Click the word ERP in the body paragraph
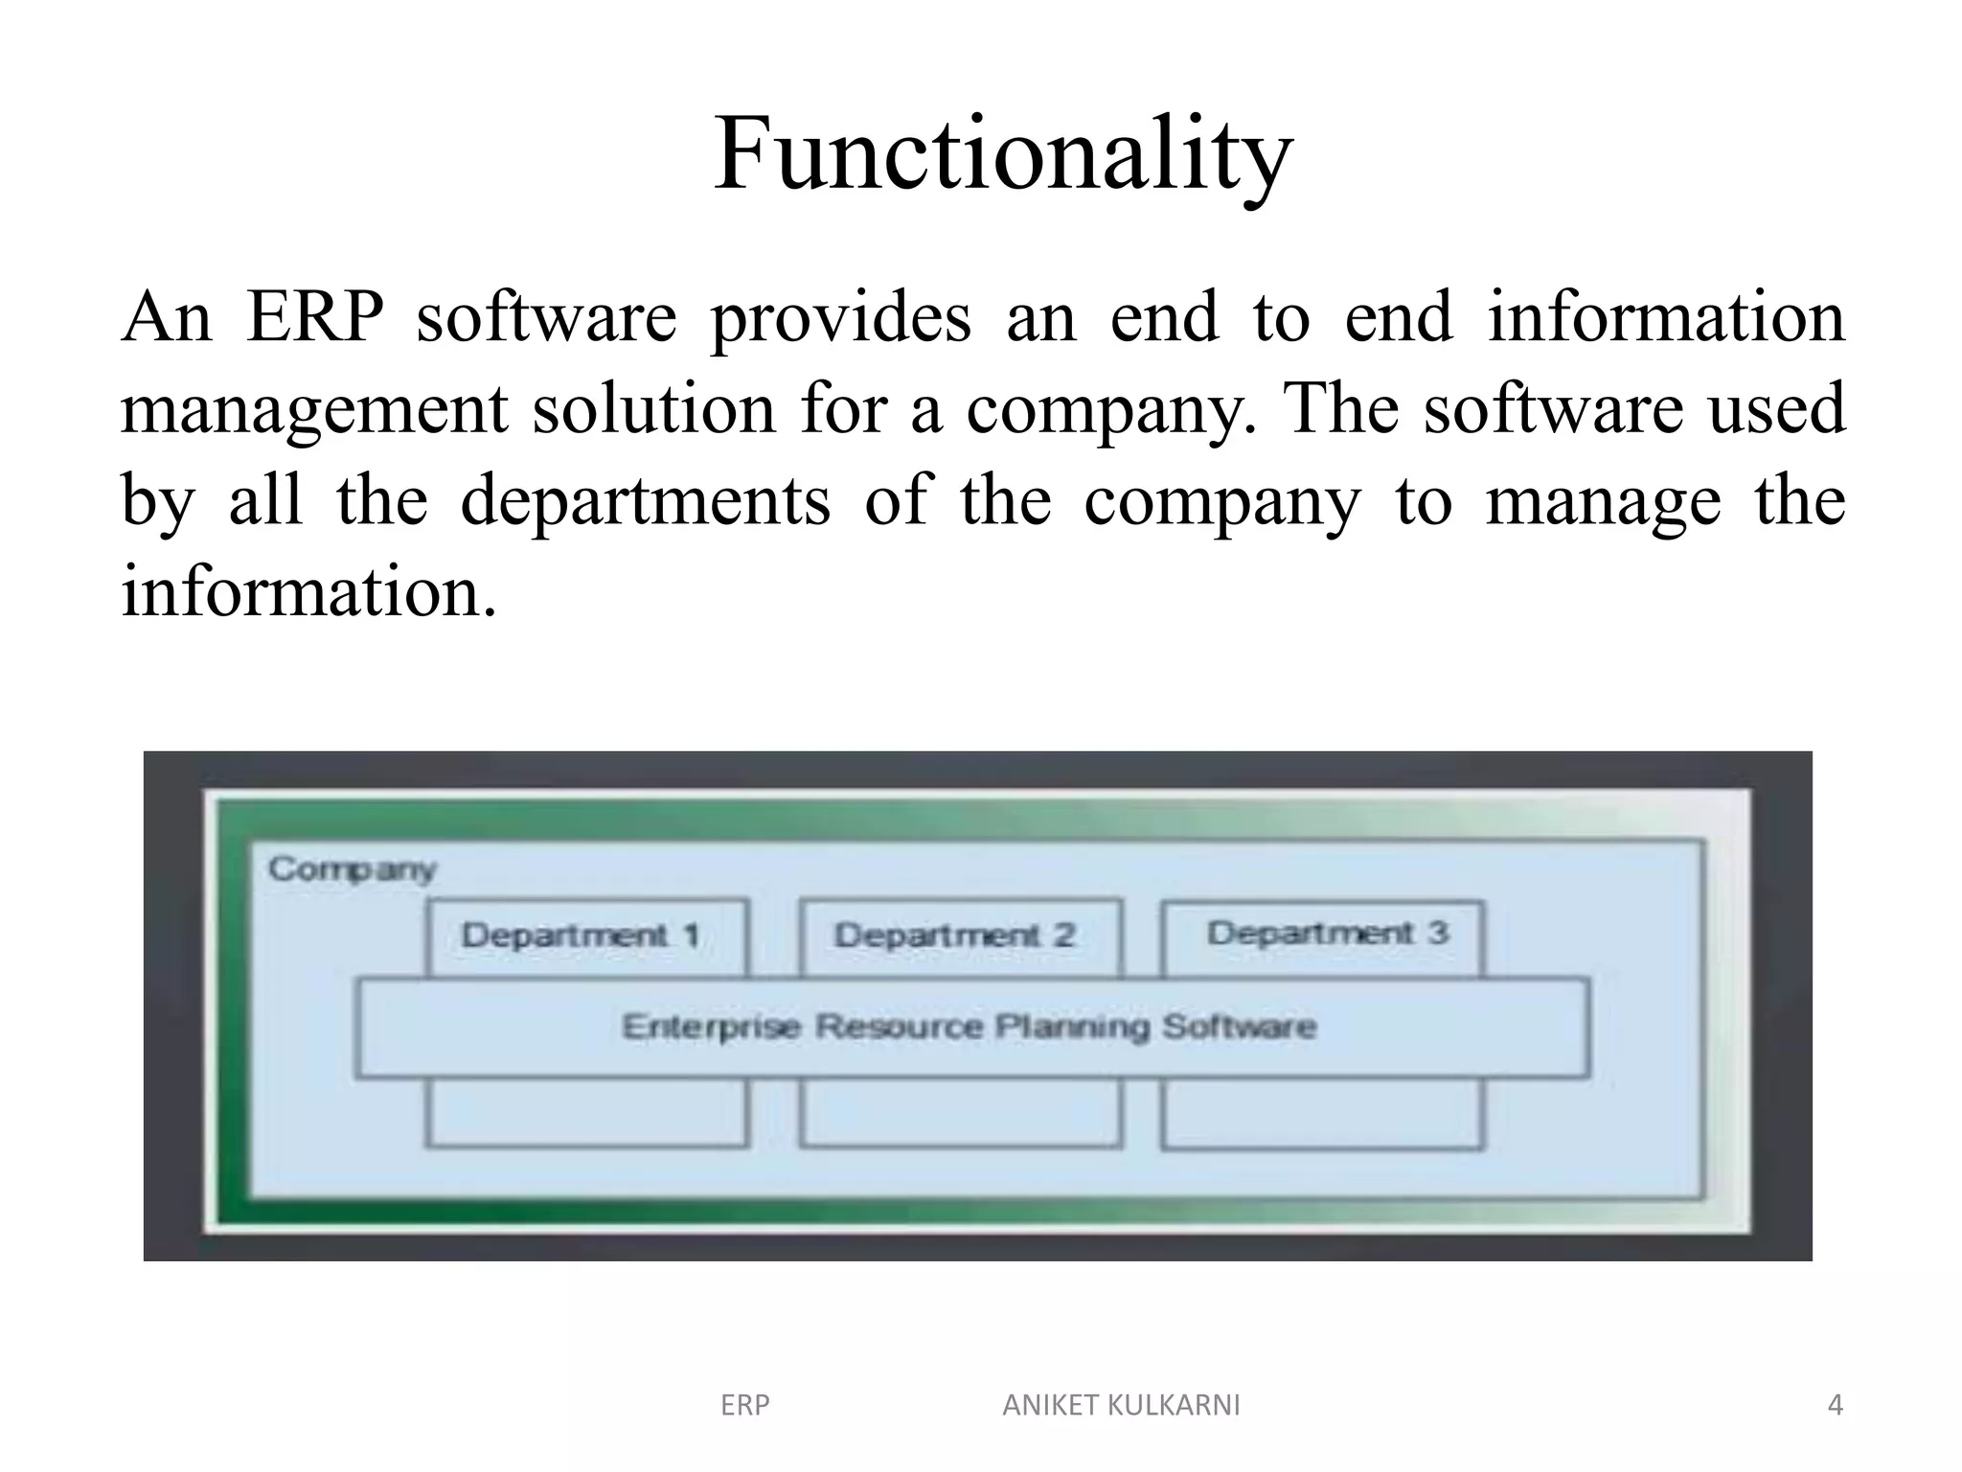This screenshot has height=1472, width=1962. (x=315, y=317)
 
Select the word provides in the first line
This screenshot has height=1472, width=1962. (x=840, y=317)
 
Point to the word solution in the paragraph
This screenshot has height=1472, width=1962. (x=653, y=409)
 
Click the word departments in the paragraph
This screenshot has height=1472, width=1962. (x=645, y=501)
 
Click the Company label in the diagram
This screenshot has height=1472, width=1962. (x=352, y=869)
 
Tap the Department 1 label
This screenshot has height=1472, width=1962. (x=581, y=935)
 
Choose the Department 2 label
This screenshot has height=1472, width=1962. (x=954, y=935)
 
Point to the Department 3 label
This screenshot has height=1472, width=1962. (x=1327, y=933)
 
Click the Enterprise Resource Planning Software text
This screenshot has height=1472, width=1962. (x=970, y=1027)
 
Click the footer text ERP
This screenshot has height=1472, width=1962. (x=744, y=1406)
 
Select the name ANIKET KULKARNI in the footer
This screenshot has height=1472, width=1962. (x=1121, y=1406)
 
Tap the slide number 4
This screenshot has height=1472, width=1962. (x=1835, y=1406)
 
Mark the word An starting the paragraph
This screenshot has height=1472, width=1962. (x=166, y=317)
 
